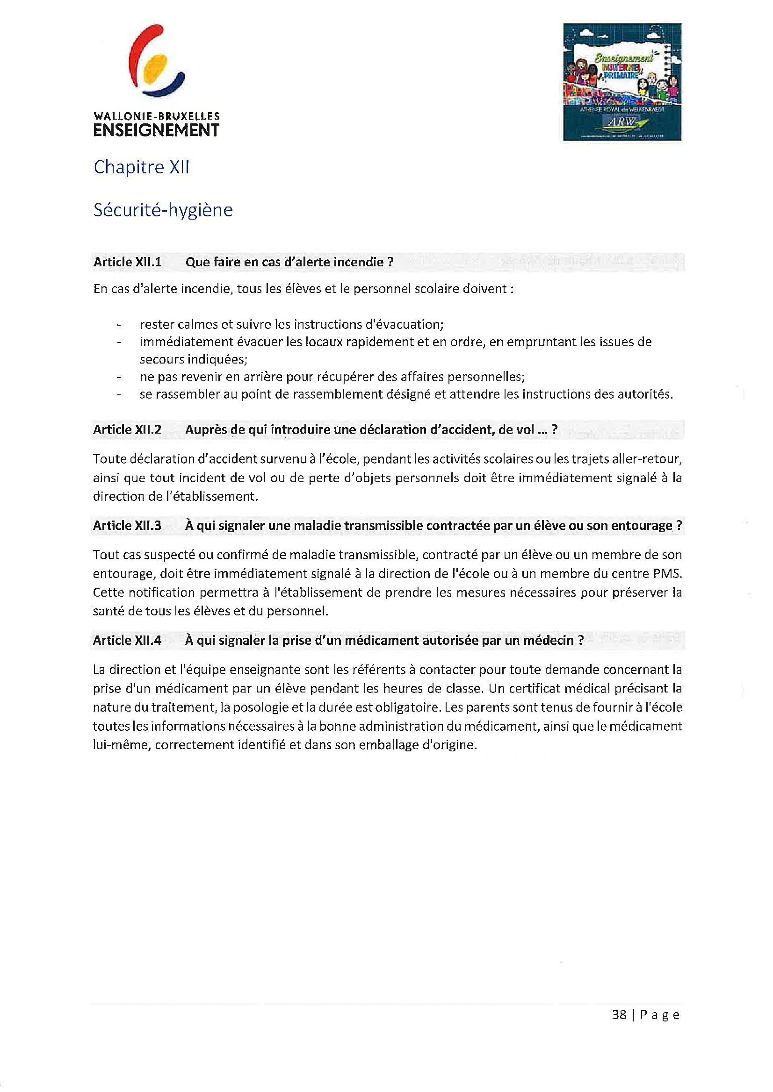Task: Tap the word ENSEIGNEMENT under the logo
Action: coord(156,130)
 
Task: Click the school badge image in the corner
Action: coord(622,82)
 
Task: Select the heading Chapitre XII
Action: coord(141,167)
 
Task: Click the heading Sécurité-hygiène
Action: coord(163,210)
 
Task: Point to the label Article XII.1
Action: coord(127,262)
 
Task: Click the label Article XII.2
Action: coord(127,429)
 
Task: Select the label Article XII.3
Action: coord(127,526)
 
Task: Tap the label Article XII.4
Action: coord(127,641)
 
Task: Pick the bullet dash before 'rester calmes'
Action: coord(119,325)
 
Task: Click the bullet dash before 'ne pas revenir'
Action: coord(119,377)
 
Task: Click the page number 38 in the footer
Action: coord(619,1015)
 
